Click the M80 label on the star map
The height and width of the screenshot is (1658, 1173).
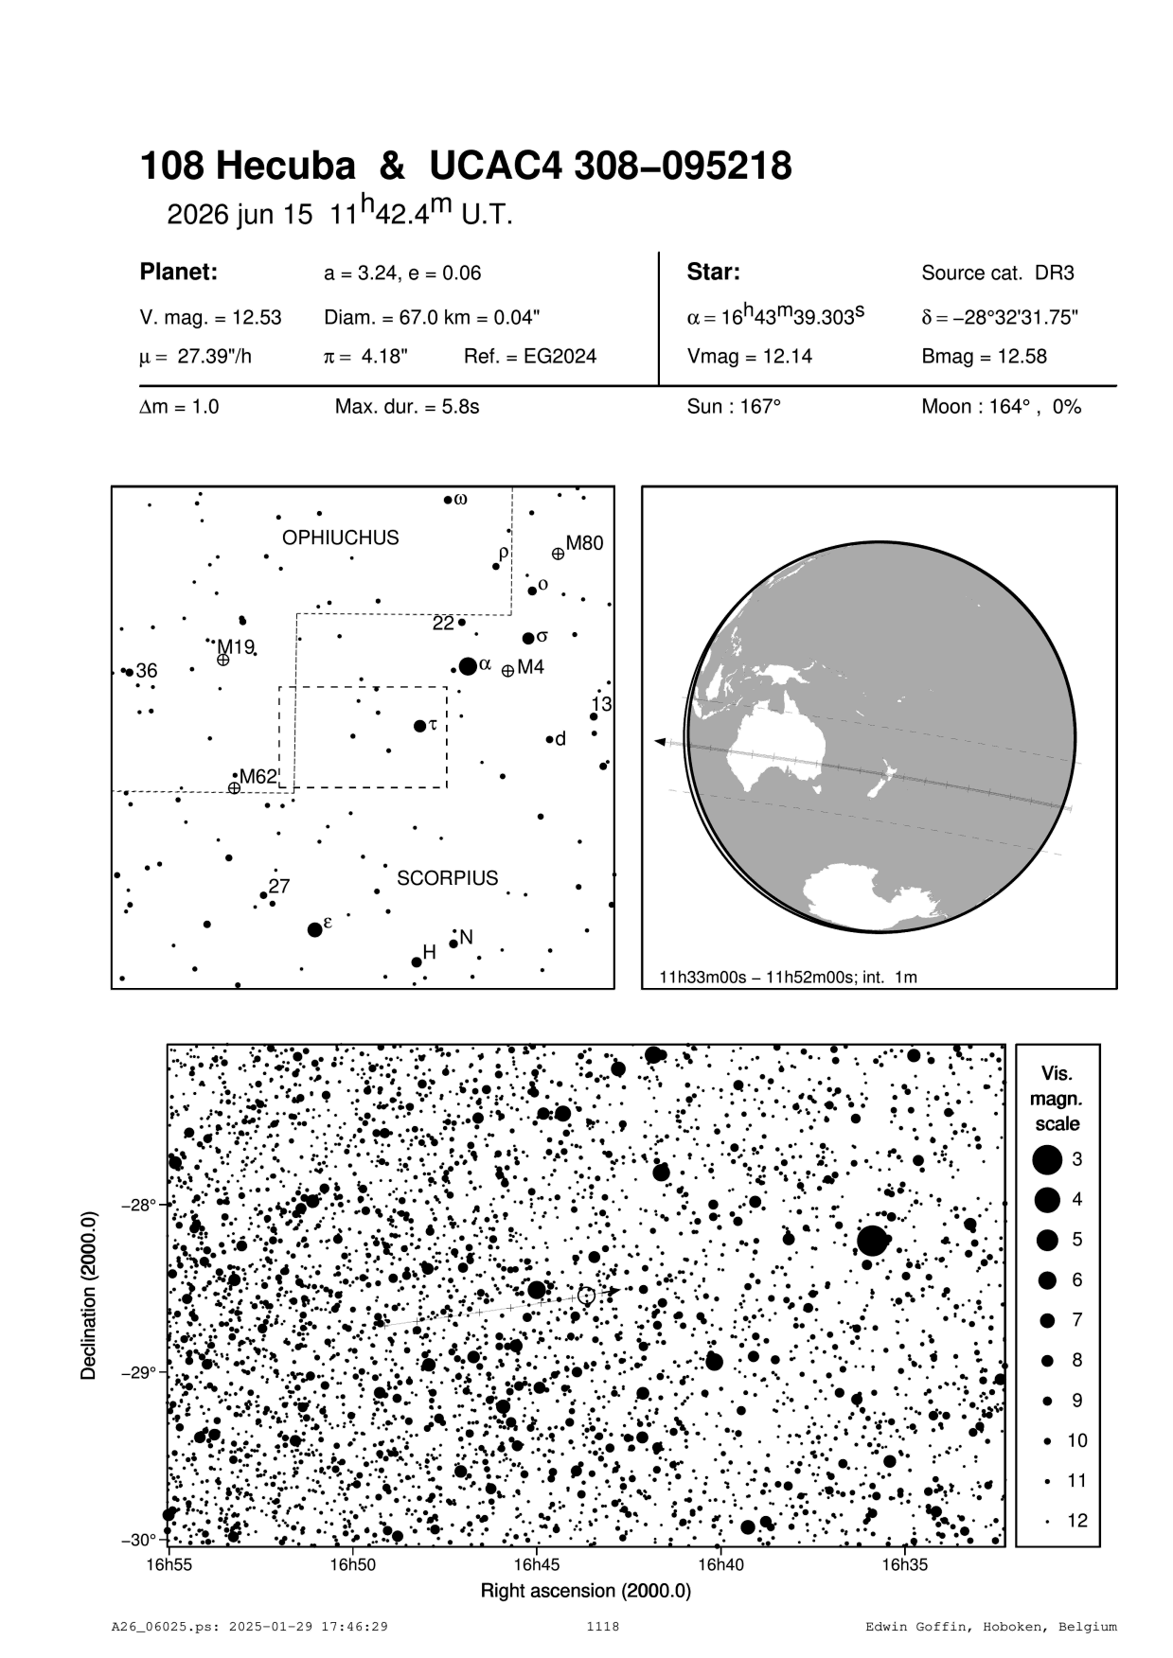point(584,543)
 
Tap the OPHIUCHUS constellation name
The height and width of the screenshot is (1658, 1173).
point(341,538)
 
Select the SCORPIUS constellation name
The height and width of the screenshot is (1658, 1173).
point(447,878)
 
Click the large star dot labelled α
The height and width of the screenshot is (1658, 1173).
point(468,666)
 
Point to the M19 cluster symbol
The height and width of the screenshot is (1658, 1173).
point(222,660)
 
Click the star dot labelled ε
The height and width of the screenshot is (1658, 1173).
point(315,929)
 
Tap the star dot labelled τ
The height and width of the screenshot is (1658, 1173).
point(420,726)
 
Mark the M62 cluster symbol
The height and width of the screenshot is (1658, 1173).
point(234,787)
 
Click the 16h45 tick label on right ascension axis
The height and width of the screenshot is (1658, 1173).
point(537,1565)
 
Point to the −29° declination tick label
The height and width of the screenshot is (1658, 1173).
point(137,1373)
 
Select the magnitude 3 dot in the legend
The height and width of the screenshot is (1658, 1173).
point(1047,1158)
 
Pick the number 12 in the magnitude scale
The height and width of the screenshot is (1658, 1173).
point(1077,1521)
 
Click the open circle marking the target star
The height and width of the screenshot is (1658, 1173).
point(586,1296)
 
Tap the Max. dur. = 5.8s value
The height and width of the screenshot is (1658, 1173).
point(407,407)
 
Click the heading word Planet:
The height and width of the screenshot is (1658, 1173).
point(179,273)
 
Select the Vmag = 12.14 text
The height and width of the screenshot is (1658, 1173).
point(749,357)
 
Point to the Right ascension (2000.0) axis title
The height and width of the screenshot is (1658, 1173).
point(586,1591)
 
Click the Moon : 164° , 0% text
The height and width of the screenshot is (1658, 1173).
point(1001,407)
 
